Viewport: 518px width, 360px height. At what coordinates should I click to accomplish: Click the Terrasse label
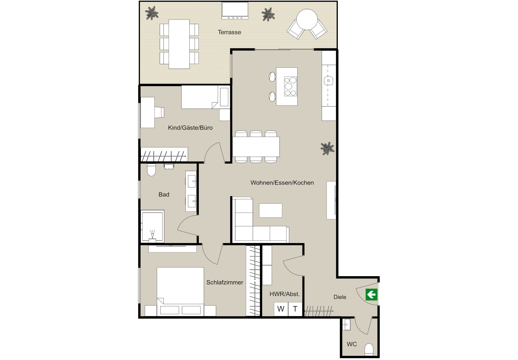pyautogui.click(x=229, y=32)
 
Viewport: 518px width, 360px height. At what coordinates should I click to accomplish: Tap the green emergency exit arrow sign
pyautogui.click(x=372, y=295)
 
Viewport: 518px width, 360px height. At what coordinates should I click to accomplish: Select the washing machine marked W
pyautogui.click(x=281, y=309)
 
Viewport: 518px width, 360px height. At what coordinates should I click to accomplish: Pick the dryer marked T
pyautogui.click(x=295, y=309)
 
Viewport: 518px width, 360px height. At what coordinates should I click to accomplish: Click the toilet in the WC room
pyautogui.click(x=369, y=350)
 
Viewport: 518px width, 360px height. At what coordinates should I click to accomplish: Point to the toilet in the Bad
pyautogui.click(x=151, y=170)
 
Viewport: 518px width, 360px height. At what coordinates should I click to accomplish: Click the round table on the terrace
pyautogui.click(x=307, y=19)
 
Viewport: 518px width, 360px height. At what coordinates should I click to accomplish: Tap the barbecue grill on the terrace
pyautogui.click(x=235, y=11)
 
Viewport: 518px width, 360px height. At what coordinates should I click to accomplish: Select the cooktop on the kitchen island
pyautogui.click(x=290, y=86)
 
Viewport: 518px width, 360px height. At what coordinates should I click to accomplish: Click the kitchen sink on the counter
pyautogui.click(x=328, y=80)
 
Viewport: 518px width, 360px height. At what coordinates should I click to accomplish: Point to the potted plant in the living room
pyautogui.click(x=327, y=148)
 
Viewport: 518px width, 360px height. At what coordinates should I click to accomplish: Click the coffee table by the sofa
pyautogui.click(x=271, y=211)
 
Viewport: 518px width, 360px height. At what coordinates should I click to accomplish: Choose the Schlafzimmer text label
pyautogui.click(x=225, y=283)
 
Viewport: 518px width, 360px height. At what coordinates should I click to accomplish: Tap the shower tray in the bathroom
pyautogui.click(x=153, y=226)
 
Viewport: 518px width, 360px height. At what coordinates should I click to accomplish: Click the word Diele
pyautogui.click(x=340, y=297)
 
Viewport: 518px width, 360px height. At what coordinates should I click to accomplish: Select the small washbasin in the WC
pyautogui.click(x=346, y=325)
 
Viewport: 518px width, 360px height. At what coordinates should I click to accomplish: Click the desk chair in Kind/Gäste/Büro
pyautogui.click(x=159, y=112)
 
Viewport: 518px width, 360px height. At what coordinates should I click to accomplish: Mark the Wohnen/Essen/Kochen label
pyautogui.click(x=282, y=183)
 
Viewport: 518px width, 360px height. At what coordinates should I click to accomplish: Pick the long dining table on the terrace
pyautogui.click(x=179, y=44)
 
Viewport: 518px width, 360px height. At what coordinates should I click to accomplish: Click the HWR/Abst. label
pyautogui.click(x=285, y=294)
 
